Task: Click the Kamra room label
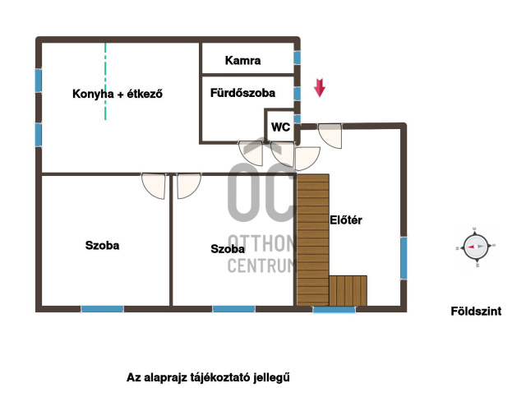coord(242,60)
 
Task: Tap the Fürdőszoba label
coord(242,93)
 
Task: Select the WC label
coord(280,127)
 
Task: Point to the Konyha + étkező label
coord(118,94)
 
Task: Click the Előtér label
coord(346,220)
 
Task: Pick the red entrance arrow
coord(320,88)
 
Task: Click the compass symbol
coord(476,247)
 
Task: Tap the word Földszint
coord(476,311)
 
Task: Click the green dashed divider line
coord(105,81)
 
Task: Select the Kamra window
coord(298,58)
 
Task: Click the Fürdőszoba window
coord(298,94)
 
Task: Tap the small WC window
coord(298,118)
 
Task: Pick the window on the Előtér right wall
coord(404,258)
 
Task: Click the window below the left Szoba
coord(102,309)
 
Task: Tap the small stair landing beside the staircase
coord(348,290)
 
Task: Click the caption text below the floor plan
coord(208,377)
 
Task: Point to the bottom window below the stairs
coord(335,309)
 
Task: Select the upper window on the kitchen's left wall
coord(39,81)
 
